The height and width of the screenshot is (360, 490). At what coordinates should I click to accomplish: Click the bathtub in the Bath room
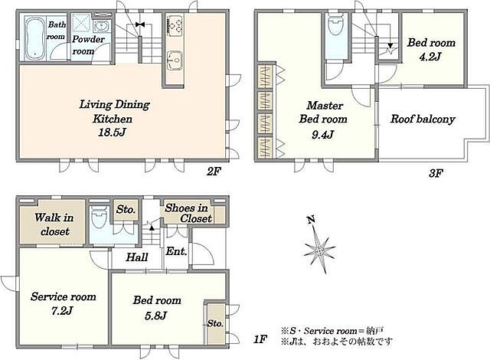[34, 38]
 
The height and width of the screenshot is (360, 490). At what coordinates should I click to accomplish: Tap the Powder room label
[89, 45]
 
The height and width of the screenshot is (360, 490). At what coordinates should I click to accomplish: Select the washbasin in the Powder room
[100, 26]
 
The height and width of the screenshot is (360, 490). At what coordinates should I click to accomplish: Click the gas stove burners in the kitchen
[175, 25]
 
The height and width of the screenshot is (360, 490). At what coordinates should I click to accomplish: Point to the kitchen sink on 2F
[175, 60]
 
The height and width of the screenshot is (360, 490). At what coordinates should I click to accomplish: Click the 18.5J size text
[112, 133]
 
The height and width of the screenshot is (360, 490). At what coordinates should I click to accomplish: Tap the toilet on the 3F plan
[335, 23]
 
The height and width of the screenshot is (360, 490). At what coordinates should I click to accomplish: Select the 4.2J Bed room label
[430, 49]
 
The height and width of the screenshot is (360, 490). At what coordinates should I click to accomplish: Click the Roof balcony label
[423, 119]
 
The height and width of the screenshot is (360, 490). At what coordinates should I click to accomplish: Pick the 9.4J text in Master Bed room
[323, 135]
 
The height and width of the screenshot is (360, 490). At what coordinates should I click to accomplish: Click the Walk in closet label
[54, 224]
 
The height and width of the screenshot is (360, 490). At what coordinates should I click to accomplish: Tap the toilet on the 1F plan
[100, 218]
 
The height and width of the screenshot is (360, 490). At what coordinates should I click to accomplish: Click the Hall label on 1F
[137, 257]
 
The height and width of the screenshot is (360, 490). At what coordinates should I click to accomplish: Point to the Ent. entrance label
[176, 251]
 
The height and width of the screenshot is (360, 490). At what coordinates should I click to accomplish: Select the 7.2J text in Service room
[62, 311]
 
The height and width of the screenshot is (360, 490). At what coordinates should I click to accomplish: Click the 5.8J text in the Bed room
[156, 316]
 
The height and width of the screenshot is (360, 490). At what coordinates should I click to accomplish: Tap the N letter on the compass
[311, 221]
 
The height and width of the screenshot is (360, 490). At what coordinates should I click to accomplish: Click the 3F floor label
[436, 173]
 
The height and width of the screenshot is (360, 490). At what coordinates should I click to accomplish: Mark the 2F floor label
[214, 172]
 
